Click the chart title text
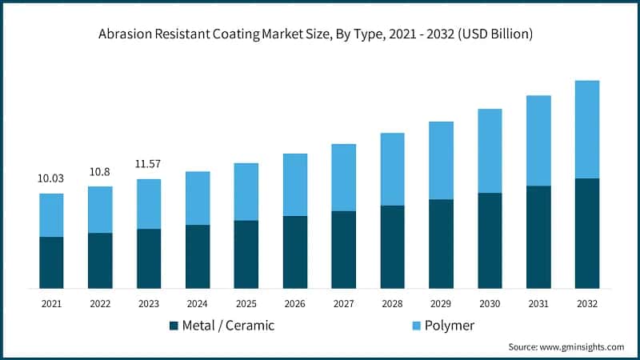(x=320, y=35)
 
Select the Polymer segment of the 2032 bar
(x=587, y=129)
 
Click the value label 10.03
(x=51, y=178)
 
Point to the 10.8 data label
(x=100, y=171)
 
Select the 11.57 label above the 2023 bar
(x=149, y=164)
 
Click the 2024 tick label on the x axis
(x=198, y=304)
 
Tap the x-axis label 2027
(x=343, y=304)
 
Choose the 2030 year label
(x=490, y=304)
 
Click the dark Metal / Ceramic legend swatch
(x=174, y=326)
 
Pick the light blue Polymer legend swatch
(x=417, y=326)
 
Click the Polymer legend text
(x=450, y=326)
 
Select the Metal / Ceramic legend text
(x=228, y=326)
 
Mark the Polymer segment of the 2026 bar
(x=295, y=184)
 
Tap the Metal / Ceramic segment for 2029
(x=441, y=244)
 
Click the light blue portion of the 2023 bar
(x=149, y=204)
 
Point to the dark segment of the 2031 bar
(x=538, y=237)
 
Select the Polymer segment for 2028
(x=392, y=169)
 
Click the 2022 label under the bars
(x=100, y=304)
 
